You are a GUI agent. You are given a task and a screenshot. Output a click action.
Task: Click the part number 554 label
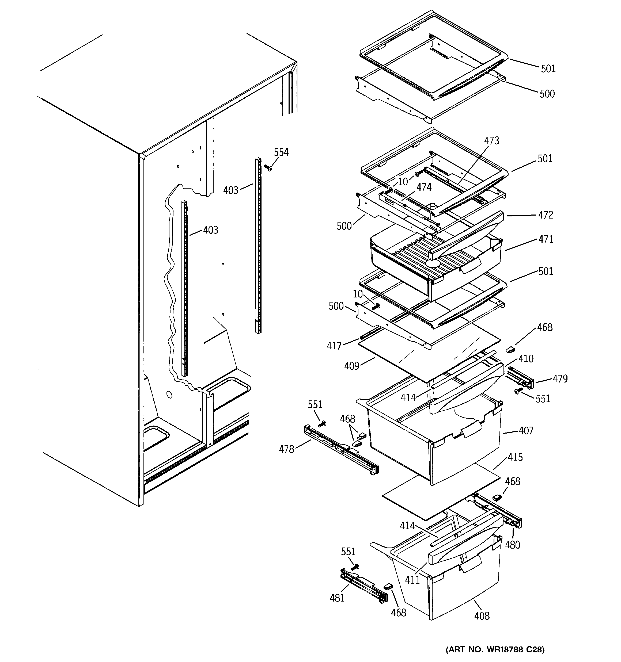pos(281,152)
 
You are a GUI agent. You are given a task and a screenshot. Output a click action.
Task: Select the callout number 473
pos(492,141)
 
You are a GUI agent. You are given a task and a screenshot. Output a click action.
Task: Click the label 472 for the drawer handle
pos(546,215)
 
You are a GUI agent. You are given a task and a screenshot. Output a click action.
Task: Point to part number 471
pos(546,239)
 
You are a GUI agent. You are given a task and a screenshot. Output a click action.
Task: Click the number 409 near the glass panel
pos(351,366)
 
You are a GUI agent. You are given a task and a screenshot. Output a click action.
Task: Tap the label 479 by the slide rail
pos(560,379)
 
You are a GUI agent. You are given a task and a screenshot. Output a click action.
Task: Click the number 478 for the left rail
pos(287,450)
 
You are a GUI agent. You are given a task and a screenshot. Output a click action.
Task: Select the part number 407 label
pos(526,431)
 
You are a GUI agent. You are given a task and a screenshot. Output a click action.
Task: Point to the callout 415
pos(515,457)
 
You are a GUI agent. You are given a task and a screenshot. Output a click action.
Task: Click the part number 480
pos(512,545)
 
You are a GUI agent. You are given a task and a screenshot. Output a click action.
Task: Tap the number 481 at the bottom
pos(337,598)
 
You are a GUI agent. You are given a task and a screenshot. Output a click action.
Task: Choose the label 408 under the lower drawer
pos(482,616)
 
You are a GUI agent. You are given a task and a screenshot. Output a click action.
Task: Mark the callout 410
pos(526,359)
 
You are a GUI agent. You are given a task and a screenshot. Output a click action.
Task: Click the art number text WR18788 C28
pos(495,649)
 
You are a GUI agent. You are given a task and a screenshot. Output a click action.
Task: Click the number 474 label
pos(424,187)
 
